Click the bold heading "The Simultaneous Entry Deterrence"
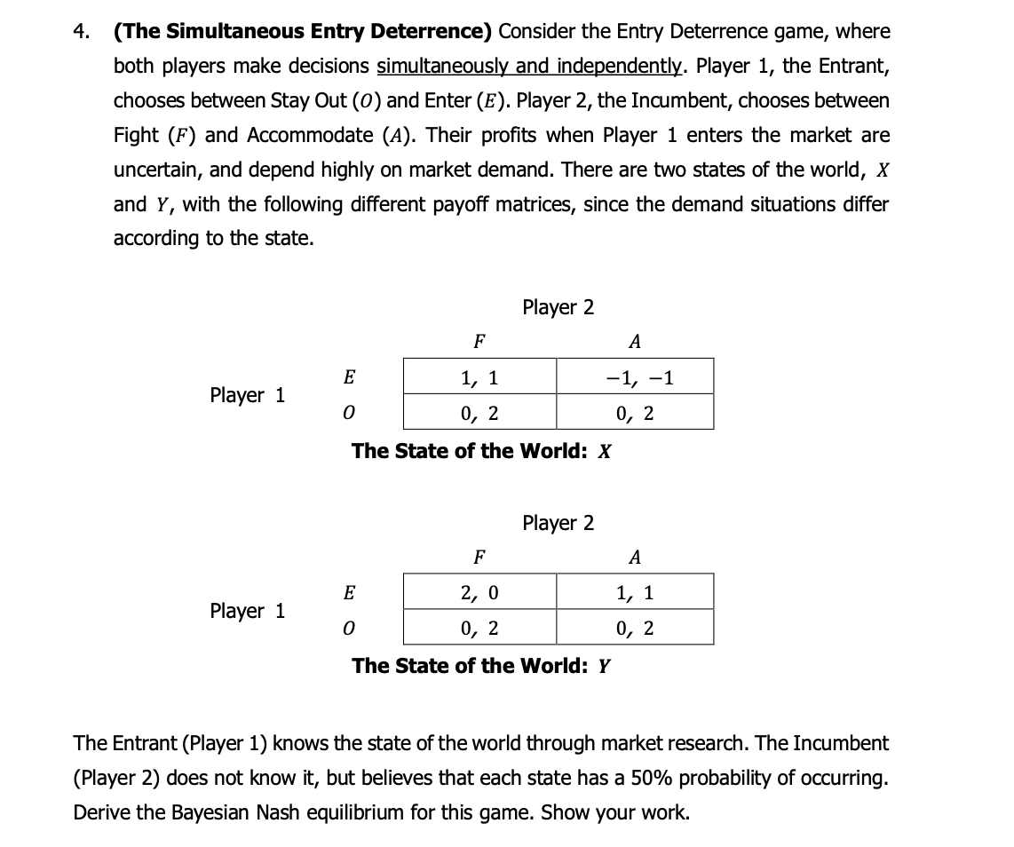(302, 32)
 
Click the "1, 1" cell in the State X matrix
(479, 377)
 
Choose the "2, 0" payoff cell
(479, 592)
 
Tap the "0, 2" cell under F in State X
(479, 413)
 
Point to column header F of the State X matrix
(479, 341)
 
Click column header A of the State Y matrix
(634, 557)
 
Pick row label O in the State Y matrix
(349, 629)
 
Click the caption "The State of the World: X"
(480, 451)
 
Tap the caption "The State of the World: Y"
(480, 666)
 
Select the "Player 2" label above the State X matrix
(558, 308)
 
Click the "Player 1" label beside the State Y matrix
(248, 611)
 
